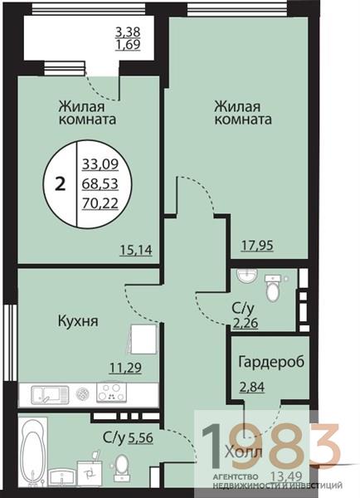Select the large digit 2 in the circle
point(60,184)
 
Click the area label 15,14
point(137,247)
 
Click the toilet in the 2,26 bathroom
point(271,289)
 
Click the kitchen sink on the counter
point(47,393)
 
